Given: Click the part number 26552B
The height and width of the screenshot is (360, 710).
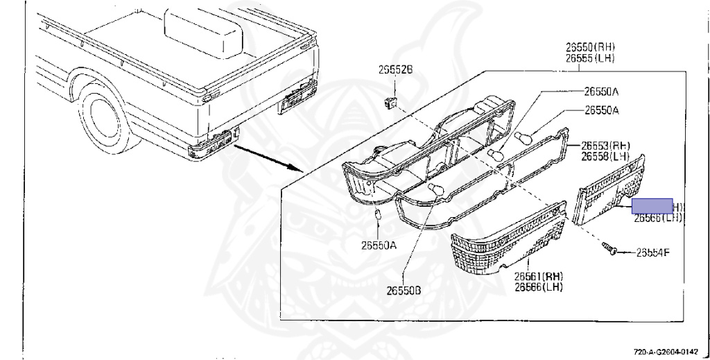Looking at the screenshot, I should pyautogui.click(x=395, y=70).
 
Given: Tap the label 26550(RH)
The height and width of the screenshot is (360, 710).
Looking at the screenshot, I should pyautogui.click(x=590, y=47).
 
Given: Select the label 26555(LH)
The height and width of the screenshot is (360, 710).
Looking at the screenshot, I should pyautogui.click(x=590, y=58).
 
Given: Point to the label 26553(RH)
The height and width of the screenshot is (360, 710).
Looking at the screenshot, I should pyautogui.click(x=605, y=146).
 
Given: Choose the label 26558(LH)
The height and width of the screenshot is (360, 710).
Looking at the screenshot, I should pyautogui.click(x=605, y=157).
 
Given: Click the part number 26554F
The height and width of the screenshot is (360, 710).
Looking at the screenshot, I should pyautogui.click(x=652, y=252).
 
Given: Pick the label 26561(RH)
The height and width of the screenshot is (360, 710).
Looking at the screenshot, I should pyautogui.click(x=538, y=276).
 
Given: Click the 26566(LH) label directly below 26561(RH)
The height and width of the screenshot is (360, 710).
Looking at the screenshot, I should pyautogui.click(x=538, y=286).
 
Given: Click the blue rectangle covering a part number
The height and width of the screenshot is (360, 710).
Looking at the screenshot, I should pyautogui.click(x=652, y=205).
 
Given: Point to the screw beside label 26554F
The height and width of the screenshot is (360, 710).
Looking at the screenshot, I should pyautogui.click(x=608, y=248).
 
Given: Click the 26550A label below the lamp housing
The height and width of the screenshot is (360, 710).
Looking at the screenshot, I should pyautogui.click(x=378, y=244).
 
